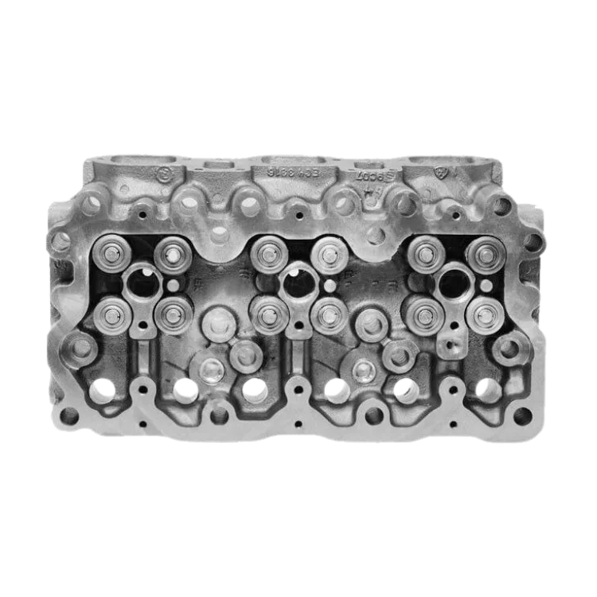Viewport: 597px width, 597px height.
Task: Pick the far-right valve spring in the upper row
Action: (482, 255)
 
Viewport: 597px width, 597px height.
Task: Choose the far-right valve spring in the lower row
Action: (482, 316)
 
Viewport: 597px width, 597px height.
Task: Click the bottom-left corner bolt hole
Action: (70, 416)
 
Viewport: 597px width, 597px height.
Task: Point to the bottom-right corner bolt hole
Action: (521, 416)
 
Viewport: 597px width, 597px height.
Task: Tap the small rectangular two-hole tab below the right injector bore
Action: (450, 345)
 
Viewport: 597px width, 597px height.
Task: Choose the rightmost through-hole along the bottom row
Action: (487, 388)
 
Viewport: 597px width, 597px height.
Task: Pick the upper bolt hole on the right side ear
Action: (532, 241)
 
